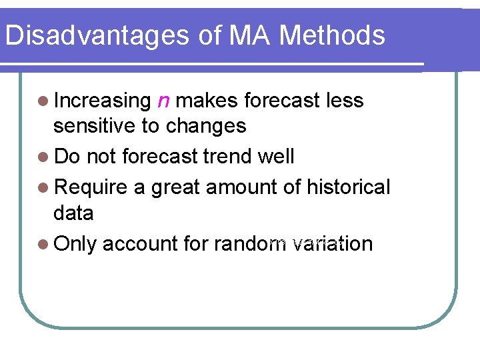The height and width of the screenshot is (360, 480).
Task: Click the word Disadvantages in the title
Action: coord(95,35)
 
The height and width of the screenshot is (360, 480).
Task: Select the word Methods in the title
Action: coord(333,35)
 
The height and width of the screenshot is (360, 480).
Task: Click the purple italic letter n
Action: coord(163,101)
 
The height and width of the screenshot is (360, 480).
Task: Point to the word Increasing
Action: coord(103,101)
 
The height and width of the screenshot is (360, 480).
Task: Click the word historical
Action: coord(348,188)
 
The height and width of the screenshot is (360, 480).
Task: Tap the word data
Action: coord(73,213)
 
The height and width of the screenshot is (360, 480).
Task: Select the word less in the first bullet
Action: coord(345,101)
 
